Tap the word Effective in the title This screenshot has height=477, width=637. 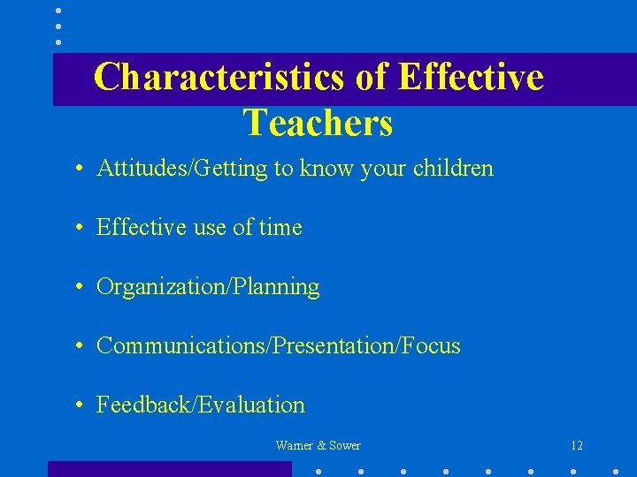point(471,78)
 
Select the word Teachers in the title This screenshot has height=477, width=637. point(318,124)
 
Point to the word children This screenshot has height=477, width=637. point(453,169)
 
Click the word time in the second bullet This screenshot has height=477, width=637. point(280,228)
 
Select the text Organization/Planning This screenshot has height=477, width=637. point(208,287)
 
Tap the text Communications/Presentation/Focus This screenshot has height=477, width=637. point(278,346)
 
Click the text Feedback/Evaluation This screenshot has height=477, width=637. point(200,405)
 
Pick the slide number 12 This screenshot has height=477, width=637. point(577,446)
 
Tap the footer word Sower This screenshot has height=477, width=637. point(344,446)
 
